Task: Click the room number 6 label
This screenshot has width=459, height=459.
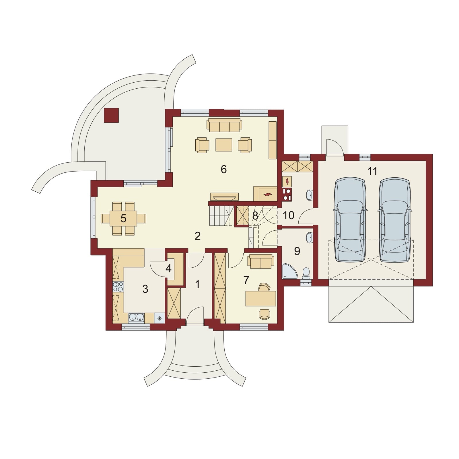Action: [x=224, y=170]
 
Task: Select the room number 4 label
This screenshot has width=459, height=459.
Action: [x=168, y=269]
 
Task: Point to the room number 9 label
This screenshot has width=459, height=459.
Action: [x=297, y=251]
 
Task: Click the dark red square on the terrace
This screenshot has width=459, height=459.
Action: [x=111, y=115]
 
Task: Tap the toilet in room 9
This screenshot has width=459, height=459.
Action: [x=306, y=273]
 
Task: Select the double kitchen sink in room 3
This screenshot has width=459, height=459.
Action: [x=136, y=318]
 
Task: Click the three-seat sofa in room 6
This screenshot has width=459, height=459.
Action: [x=224, y=125]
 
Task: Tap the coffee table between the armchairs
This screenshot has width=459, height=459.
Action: [x=224, y=145]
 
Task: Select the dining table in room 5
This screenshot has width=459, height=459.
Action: [x=123, y=219]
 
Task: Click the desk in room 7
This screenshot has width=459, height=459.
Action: [x=261, y=298]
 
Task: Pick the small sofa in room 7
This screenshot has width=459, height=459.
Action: [x=261, y=261]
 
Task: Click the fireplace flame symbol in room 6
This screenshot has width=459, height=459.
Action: [x=267, y=195]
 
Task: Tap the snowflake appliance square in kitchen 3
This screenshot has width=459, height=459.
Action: [x=160, y=318]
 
